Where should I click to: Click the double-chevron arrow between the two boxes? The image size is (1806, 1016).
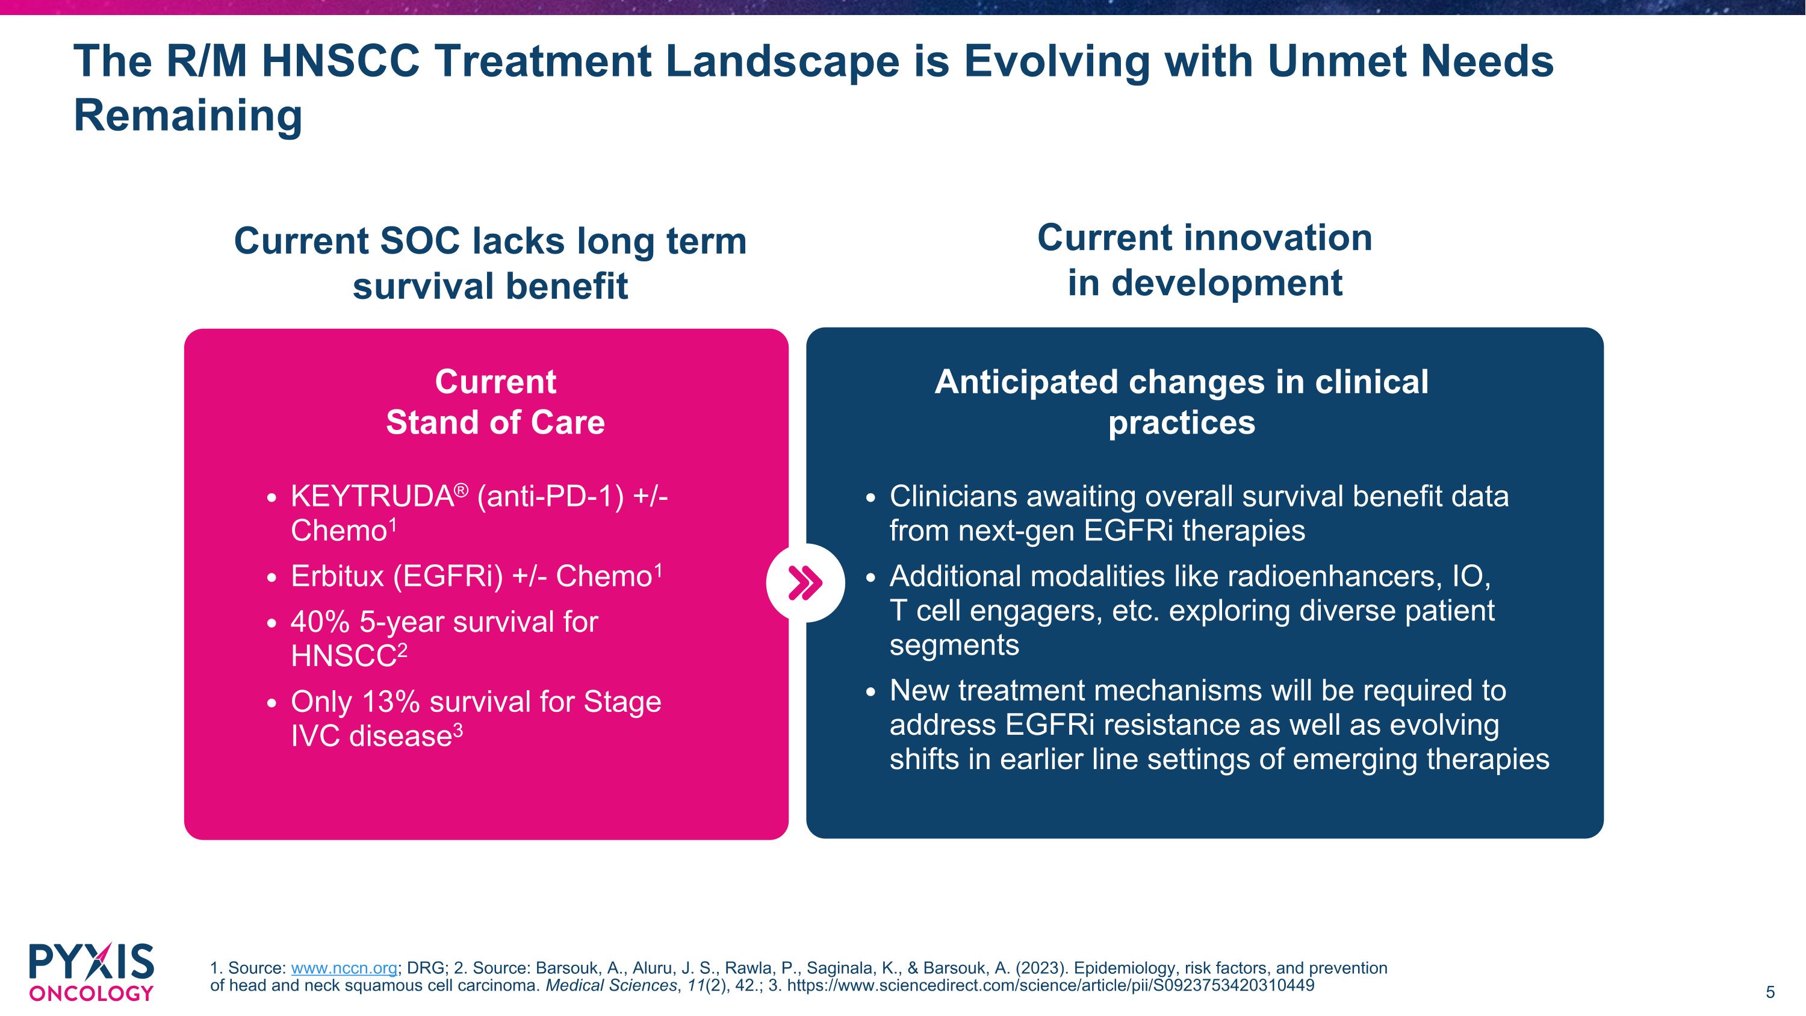pos(805,582)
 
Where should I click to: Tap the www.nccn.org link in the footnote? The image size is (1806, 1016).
pos(344,968)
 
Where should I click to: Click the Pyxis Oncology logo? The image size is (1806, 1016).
pos(91,972)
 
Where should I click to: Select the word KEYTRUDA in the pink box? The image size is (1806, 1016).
pos(371,497)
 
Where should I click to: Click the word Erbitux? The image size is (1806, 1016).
pos(337,576)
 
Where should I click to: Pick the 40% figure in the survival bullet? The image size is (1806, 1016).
pos(320,622)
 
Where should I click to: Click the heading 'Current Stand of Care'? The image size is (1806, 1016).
pos(495,402)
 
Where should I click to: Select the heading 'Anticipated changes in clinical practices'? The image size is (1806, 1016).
pos(1181,402)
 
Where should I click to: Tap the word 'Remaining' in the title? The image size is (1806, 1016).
pos(188,116)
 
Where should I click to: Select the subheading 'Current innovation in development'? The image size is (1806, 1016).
pos(1205,260)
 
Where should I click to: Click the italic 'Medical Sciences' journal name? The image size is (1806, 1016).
pos(610,986)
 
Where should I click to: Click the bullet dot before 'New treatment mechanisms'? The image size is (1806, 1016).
pos(870,692)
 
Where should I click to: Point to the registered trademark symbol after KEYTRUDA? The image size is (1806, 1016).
pos(461,488)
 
